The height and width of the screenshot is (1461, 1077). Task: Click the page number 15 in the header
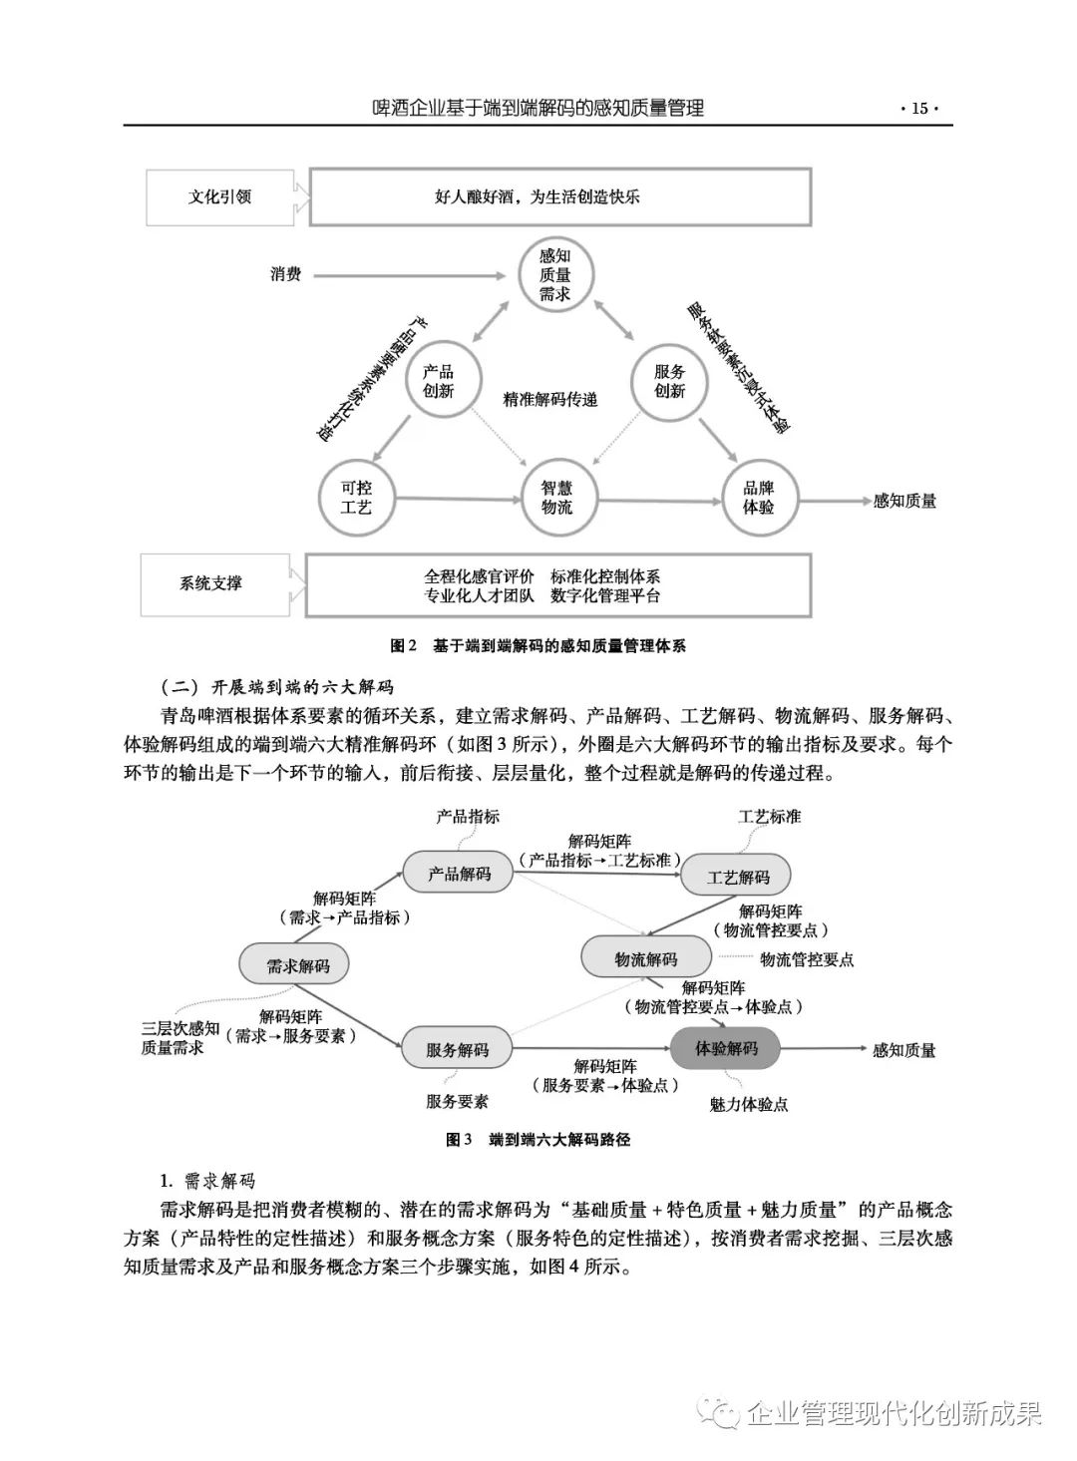[918, 109]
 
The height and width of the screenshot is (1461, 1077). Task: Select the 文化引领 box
[219, 196]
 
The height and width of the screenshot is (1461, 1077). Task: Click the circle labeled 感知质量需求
[554, 275]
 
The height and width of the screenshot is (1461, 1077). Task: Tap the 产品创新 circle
[439, 382]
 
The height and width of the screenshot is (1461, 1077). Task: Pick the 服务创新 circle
[670, 382]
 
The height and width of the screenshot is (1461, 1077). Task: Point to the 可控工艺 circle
[356, 497]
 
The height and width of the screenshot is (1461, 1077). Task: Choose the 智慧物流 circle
[556, 497]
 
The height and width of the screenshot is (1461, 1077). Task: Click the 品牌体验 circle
[758, 497]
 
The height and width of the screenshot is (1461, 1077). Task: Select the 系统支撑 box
[211, 583]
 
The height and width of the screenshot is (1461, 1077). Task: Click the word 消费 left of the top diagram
[286, 274]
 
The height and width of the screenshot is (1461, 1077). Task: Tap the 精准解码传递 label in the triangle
[550, 399]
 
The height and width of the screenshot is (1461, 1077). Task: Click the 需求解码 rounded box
[298, 965]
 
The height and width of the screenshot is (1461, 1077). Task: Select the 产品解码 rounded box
[459, 874]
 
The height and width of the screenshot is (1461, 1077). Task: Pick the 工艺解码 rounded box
[738, 877]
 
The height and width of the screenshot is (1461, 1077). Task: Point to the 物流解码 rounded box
[645, 959]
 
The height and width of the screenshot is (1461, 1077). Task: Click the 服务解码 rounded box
[457, 1049]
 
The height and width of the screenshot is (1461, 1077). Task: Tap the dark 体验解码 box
[725, 1048]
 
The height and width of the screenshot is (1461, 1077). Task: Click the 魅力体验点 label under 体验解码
[749, 1105]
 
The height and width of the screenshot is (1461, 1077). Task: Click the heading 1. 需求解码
[208, 1182]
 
